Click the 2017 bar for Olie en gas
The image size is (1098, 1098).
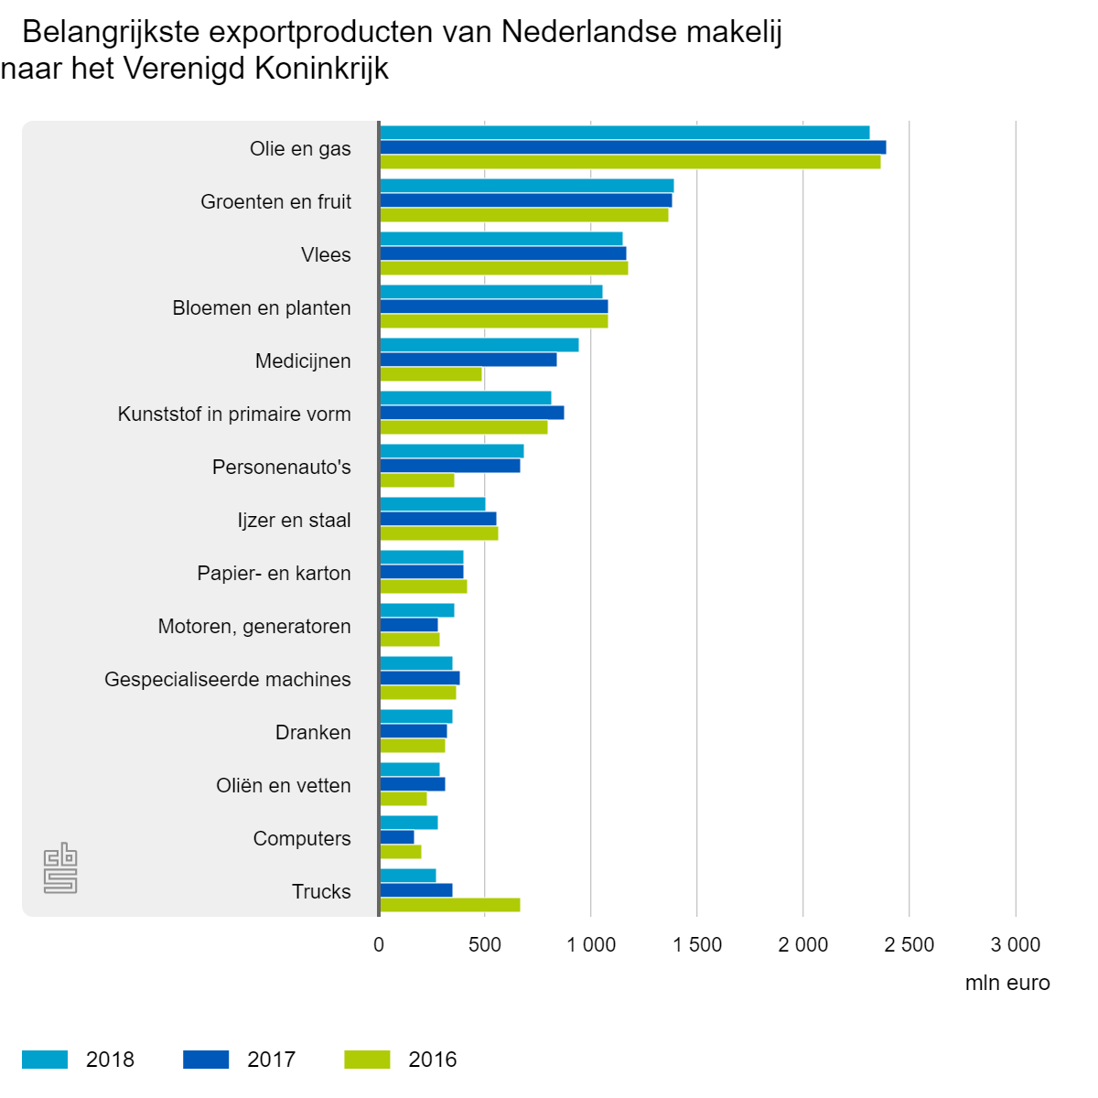632,147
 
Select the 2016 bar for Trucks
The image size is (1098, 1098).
449,905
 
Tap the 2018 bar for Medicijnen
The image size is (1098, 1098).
479,345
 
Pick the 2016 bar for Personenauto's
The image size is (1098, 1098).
416,480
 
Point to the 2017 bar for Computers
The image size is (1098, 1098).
396,837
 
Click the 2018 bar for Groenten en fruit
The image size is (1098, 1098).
526,186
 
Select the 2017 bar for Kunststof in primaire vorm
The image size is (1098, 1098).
471,413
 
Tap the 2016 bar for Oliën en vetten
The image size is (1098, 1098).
403,799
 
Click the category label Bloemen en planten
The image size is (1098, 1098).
262,307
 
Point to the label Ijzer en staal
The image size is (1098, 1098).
294,520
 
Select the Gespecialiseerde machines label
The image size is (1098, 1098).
228,679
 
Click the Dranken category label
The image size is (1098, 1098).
313,732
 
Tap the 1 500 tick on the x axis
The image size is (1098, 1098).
697,944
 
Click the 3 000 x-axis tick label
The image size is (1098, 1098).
1016,944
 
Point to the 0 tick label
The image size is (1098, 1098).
379,944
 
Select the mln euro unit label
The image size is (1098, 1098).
1007,983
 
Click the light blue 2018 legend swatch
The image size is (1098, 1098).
45,1060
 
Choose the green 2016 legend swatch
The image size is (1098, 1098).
367,1060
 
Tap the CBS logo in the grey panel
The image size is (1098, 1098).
60,867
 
